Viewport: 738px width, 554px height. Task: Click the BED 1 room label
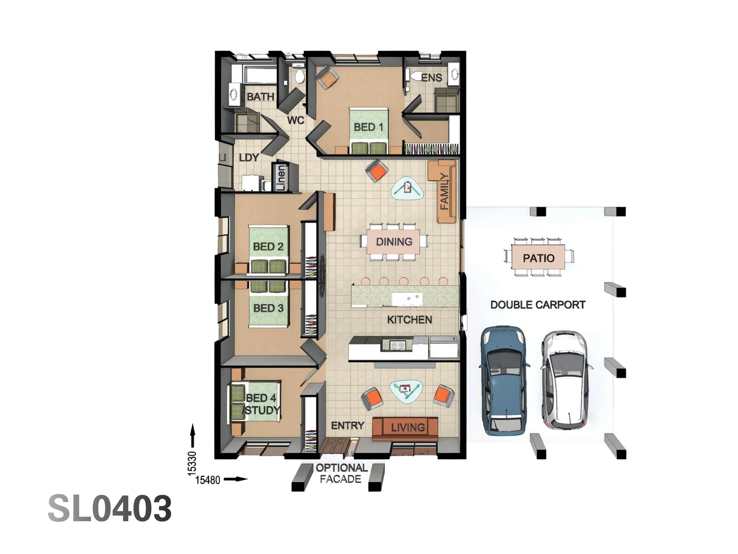tap(368, 127)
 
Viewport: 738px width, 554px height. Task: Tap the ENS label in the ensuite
tap(432, 77)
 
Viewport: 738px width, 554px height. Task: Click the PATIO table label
tap(538, 258)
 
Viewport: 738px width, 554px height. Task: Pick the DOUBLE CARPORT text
tap(538, 305)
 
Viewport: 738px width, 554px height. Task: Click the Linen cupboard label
tap(281, 177)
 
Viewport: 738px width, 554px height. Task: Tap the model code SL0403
tap(110, 508)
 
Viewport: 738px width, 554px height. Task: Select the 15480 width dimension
tap(208, 480)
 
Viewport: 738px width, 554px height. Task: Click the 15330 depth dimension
tap(192, 464)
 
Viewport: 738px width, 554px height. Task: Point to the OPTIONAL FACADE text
tap(341, 473)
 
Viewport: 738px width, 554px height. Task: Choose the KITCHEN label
tap(409, 320)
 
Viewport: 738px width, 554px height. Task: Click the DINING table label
tap(394, 242)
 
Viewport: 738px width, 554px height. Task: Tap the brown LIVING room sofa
tap(405, 429)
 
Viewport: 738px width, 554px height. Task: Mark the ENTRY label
tap(347, 426)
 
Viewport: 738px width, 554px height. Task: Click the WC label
tap(296, 120)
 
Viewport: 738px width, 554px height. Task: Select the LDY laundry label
tap(249, 157)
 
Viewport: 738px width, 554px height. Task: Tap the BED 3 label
tap(268, 308)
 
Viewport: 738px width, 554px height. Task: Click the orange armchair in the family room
tap(377, 171)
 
